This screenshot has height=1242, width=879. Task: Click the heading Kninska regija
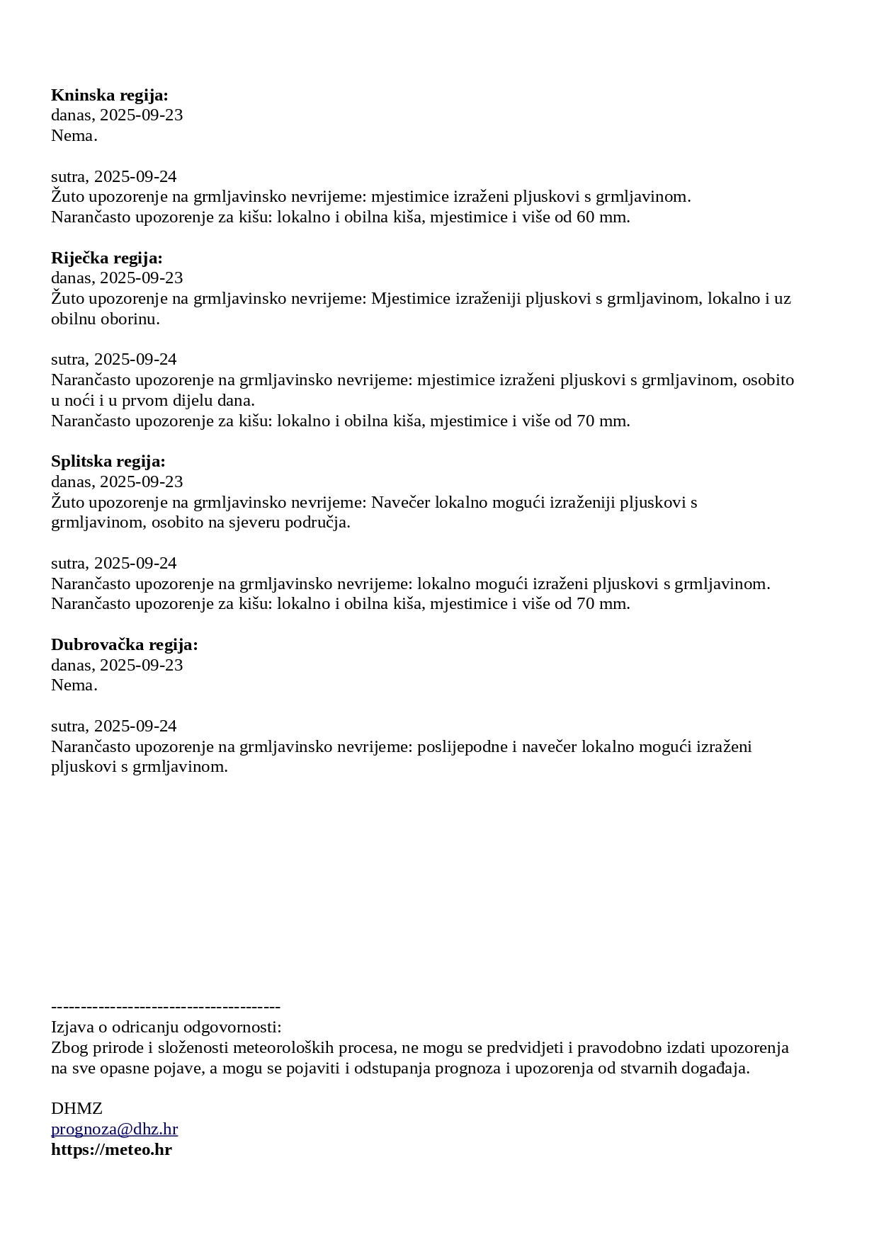[x=110, y=96]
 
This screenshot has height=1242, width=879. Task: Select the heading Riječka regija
[x=107, y=258]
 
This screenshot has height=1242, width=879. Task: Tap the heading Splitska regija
[x=108, y=462]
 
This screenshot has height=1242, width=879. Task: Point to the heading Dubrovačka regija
[x=125, y=645]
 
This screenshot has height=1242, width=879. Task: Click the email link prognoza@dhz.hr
[x=114, y=1129]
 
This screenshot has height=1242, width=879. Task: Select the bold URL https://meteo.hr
[x=111, y=1150]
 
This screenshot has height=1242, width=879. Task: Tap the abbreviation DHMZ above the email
[x=76, y=1109]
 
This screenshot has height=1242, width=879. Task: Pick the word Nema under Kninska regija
[x=74, y=136]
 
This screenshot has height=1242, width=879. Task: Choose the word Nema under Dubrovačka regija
[x=74, y=685]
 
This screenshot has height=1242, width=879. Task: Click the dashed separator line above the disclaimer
[x=166, y=1007]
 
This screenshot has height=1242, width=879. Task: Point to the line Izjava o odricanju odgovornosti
[x=166, y=1027]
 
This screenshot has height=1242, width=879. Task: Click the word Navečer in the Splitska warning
[x=400, y=503]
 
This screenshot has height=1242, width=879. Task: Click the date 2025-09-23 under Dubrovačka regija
[x=142, y=666]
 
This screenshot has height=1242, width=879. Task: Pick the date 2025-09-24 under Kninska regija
[x=135, y=177]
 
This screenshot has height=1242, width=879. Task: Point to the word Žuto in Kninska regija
[x=68, y=197]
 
